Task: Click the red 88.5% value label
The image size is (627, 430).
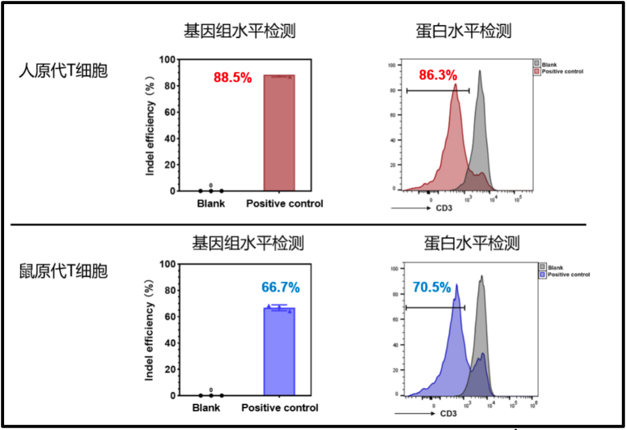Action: point(233,78)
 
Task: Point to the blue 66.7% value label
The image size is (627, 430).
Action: point(280,287)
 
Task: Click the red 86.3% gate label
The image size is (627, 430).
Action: point(438,75)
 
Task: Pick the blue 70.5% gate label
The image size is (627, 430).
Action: point(432,287)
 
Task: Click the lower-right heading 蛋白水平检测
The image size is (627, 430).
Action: point(471,243)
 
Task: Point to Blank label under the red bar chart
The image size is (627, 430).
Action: point(211,204)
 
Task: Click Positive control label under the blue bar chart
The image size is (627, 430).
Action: point(280,408)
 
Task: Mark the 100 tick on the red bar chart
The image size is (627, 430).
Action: point(167,59)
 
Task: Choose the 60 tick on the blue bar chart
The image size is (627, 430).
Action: point(167,316)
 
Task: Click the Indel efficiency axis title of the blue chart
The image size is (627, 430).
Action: point(150,329)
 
